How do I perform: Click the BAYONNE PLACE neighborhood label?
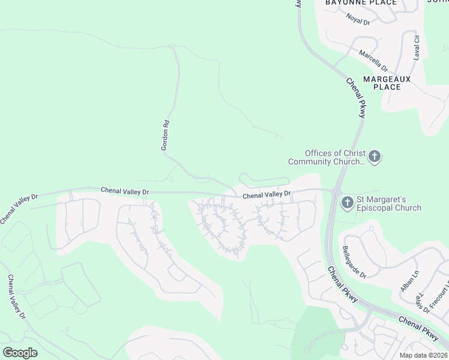pos(361,3)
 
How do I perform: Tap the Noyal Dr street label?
pos(358,20)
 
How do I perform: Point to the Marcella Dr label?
pos(373,60)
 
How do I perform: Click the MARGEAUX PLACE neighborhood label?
pos(387,83)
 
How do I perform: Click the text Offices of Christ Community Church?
pos(327,157)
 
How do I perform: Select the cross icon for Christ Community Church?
pos(375,157)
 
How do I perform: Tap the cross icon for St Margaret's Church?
pos(348,203)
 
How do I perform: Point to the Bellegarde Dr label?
pos(354,263)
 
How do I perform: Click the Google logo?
pos(20,353)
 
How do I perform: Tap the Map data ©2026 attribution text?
pos(424,355)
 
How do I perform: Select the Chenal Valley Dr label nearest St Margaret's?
pos(267,194)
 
